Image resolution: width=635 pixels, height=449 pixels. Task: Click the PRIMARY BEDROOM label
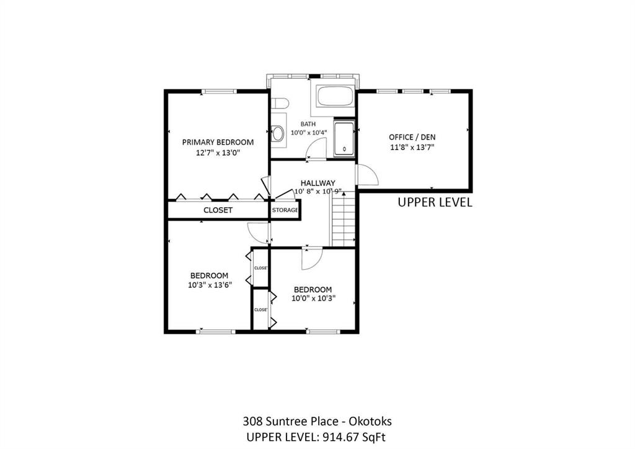[218, 142]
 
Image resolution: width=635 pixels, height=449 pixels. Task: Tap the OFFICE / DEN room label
[412, 137]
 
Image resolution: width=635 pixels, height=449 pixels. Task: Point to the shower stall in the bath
[344, 139]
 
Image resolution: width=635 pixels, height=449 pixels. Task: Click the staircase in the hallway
[344, 219]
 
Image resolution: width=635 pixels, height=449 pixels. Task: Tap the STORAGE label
[285, 210]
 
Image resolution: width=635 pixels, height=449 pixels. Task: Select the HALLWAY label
[318, 183]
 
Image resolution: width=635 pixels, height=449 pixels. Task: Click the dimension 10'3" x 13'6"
[210, 285]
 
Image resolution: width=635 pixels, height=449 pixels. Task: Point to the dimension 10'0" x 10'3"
[313, 299]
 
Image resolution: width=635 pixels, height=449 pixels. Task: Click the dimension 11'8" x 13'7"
[412, 148]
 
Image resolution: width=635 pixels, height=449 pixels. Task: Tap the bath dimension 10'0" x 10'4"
[309, 132]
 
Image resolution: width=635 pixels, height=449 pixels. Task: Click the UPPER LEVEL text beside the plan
[435, 202]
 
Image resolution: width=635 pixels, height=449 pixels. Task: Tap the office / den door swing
[367, 175]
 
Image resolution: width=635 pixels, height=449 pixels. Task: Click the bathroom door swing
[317, 148]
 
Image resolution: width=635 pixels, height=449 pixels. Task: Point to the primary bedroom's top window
[219, 92]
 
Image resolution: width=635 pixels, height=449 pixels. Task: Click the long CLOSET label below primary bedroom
[218, 210]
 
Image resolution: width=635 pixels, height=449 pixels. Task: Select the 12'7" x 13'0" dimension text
[218, 153]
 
